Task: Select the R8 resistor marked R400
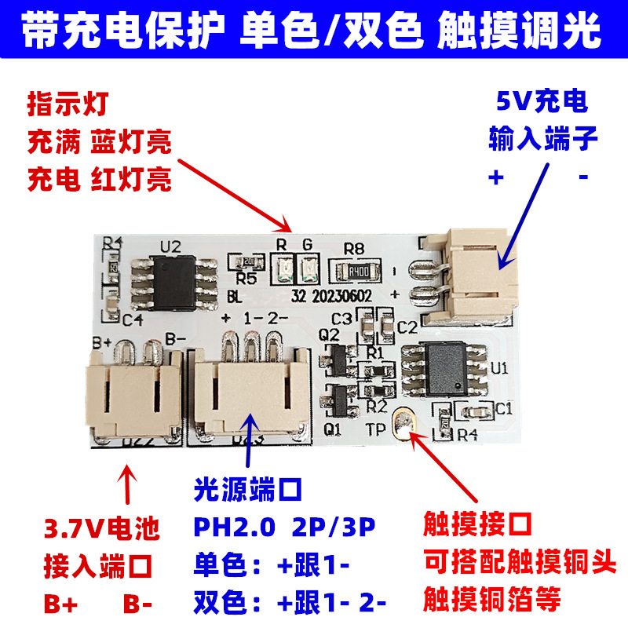[x=359, y=272]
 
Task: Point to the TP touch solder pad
[x=406, y=425]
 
